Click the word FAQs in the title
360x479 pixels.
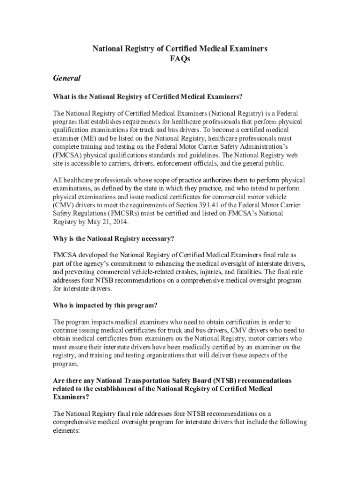pyautogui.click(x=180, y=59)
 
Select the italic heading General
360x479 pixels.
pyautogui.click(x=67, y=78)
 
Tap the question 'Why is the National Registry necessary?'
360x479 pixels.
pyautogui.click(x=114, y=239)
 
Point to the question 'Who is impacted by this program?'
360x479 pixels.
pyautogui.click(x=105, y=305)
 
